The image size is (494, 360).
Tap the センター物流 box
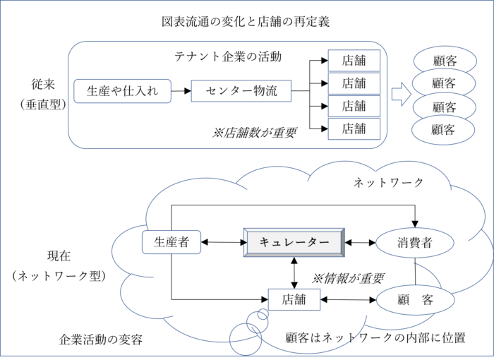pos(241,90)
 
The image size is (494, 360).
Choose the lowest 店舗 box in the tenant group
pos(354,128)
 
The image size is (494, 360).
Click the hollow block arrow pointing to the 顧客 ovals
pos(402,94)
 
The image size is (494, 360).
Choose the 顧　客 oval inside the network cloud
pos(414,300)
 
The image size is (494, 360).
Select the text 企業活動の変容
pos(101,340)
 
